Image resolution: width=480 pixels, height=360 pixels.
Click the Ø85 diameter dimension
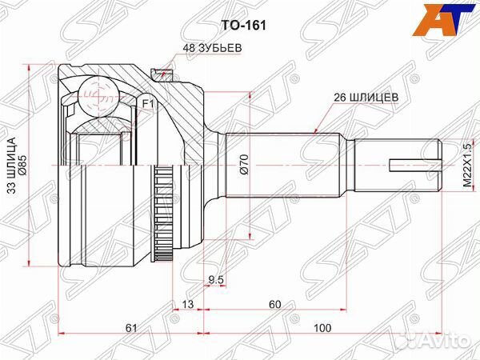click(23, 167)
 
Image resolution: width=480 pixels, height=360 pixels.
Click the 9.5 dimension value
click(214, 280)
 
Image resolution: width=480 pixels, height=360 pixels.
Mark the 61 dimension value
click(130, 328)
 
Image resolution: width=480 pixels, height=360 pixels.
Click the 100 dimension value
click(322, 328)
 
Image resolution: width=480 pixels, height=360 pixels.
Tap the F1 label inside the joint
click(147, 104)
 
